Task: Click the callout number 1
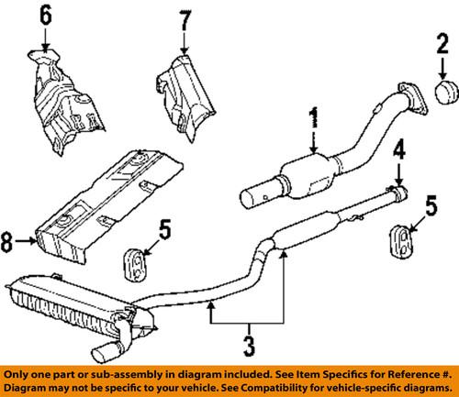point(314,117)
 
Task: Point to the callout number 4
point(399,149)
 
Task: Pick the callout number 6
point(46,16)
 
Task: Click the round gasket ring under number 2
point(442,93)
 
